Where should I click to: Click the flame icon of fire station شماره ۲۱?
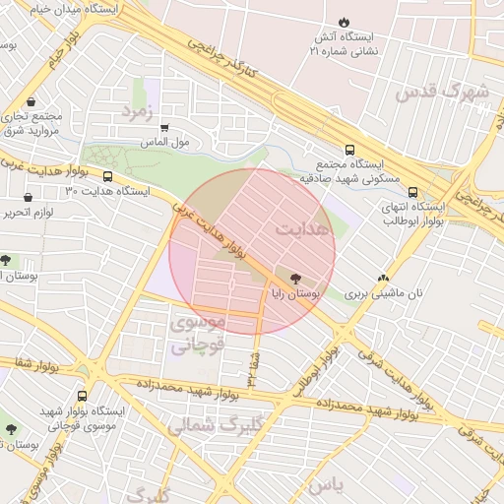coord(343,22)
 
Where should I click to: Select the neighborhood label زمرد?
coord(140,111)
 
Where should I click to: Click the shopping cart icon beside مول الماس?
coord(164,128)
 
